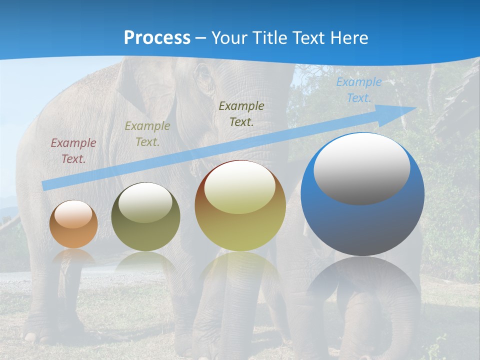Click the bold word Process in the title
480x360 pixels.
coord(157,38)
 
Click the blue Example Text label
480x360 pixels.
coord(358,90)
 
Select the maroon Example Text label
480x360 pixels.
coord(73,151)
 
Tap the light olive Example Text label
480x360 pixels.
coord(147,134)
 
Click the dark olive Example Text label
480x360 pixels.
coord(241,113)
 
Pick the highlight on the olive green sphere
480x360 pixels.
coord(145,203)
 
